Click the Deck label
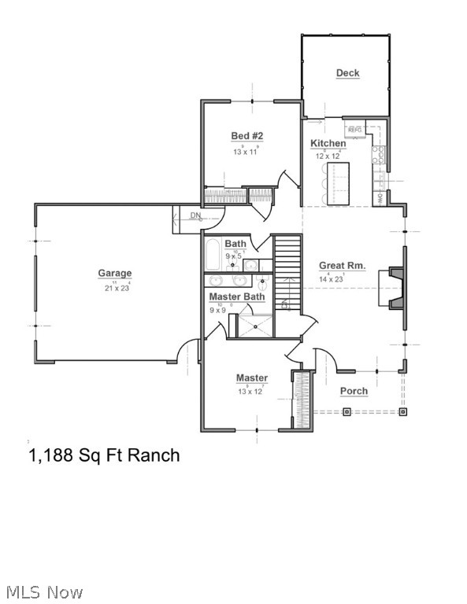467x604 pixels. pyautogui.click(x=347, y=73)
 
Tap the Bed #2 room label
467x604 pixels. pyautogui.click(x=246, y=136)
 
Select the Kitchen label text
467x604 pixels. pyautogui.click(x=328, y=143)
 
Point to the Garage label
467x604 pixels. pyautogui.click(x=114, y=274)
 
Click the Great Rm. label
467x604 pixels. pyautogui.click(x=342, y=266)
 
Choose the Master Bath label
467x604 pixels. pyautogui.click(x=236, y=296)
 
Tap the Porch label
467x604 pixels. pyautogui.click(x=354, y=391)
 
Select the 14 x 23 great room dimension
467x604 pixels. pyautogui.click(x=331, y=278)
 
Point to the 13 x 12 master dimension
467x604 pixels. pyautogui.click(x=249, y=392)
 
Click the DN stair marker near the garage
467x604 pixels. pyautogui.click(x=195, y=215)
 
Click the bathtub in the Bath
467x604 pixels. pyautogui.click(x=213, y=255)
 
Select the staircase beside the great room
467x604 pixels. pyautogui.click(x=287, y=271)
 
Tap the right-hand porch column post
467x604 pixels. pyautogui.click(x=402, y=411)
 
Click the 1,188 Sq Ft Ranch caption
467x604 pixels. pyautogui.click(x=104, y=455)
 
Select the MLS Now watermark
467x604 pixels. pyautogui.click(x=44, y=591)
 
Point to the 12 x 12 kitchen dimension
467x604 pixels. pyautogui.click(x=328, y=156)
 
